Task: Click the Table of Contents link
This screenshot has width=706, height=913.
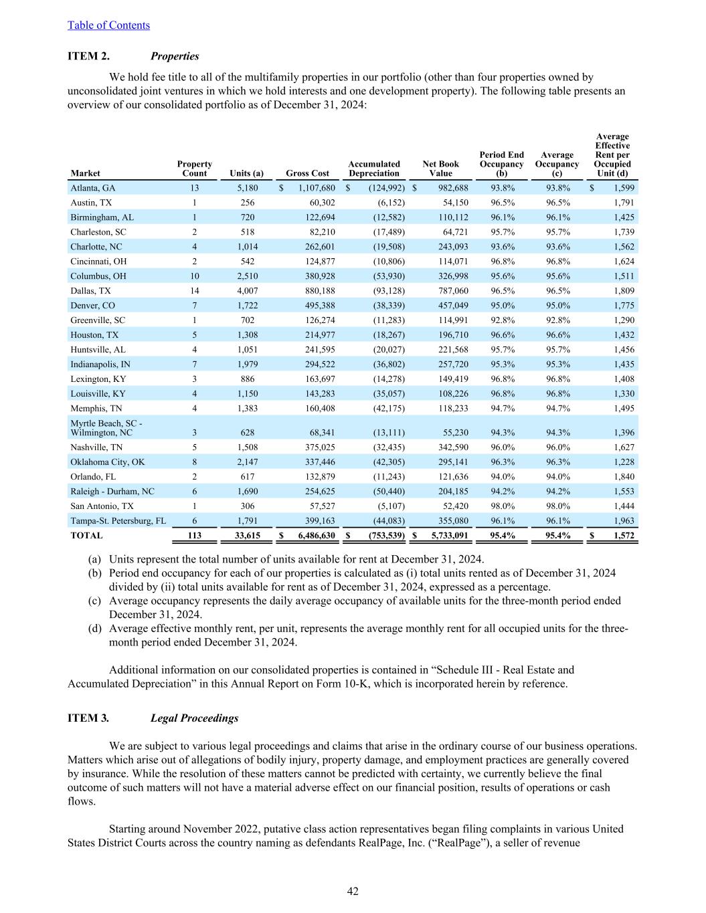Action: pyautogui.click(x=108, y=25)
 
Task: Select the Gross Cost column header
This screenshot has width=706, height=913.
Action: pyautogui.click(x=307, y=173)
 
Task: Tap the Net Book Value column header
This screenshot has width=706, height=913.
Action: pyautogui.click(x=440, y=169)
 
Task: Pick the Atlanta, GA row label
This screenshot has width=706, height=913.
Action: pyautogui.click(x=93, y=188)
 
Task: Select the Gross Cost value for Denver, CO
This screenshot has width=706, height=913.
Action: pyautogui.click(x=317, y=306)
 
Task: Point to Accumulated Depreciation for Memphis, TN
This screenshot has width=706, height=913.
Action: pyautogui.click(x=388, y=409)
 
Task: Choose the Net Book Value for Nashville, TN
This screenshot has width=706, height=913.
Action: pyautogui.click(x=448, y=447)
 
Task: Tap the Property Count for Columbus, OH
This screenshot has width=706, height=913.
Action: pyautogui.click(x=194, y=276)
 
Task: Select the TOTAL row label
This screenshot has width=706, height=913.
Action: pyautogui.click(x=86, y=536)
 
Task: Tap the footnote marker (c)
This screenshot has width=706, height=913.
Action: pyautogui.click(x=95, y=601)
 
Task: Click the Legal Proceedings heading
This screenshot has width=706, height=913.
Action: pyautogui.click(x=194, y=718)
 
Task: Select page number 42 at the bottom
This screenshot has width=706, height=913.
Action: pyautogui.click(x=353, y=891)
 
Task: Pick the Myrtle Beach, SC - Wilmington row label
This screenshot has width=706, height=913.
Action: pyautogui.click(x=106, y=428)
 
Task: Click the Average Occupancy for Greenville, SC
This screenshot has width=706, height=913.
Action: pyautogui.click(x=557, y=320)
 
